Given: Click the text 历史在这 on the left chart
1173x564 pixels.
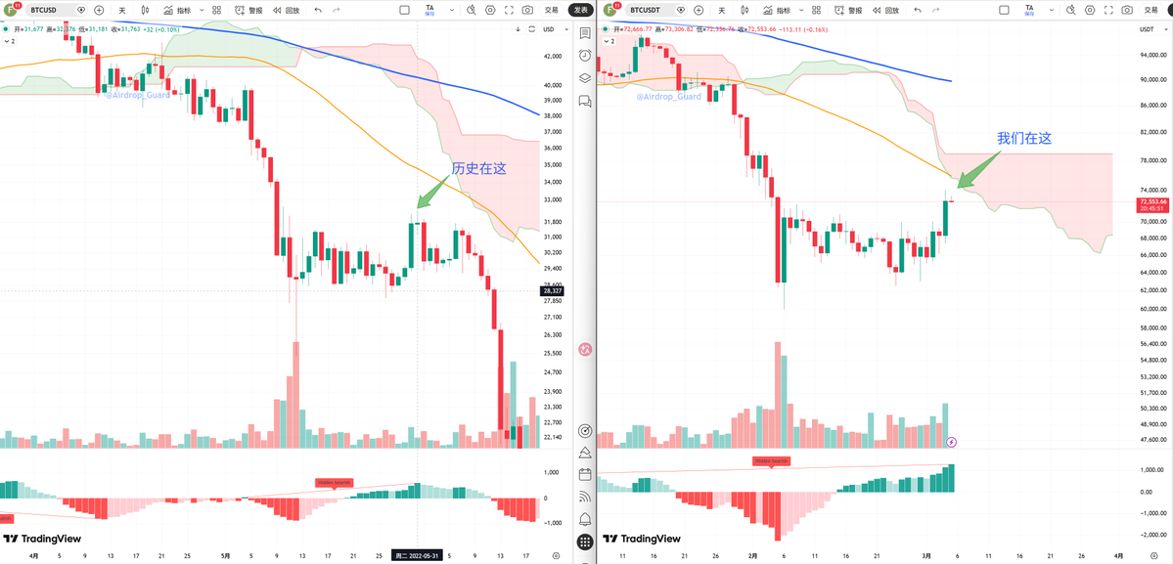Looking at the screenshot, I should point(479,168).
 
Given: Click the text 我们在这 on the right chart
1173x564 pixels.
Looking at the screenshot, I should point(1023,139).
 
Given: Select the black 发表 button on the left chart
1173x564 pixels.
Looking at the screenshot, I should point(581,10).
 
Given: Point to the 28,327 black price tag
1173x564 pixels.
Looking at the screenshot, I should point(553,290).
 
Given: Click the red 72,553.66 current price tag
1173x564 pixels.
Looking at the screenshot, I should point(1150,201).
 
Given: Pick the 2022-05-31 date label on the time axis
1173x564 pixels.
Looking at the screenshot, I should point(419,555).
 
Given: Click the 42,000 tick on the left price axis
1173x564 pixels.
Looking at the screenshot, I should point(553,57).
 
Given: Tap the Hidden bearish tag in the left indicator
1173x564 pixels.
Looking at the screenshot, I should point(333,482).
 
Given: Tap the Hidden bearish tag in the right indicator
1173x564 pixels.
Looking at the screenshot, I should point(771,460).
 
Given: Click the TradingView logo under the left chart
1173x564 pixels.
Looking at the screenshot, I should point(42,539).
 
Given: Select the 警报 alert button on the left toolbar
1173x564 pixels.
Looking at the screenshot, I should point(248,10).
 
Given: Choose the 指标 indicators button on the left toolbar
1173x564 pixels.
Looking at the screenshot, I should point(177,10).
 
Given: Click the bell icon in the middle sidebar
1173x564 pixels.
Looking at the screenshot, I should point(585,519).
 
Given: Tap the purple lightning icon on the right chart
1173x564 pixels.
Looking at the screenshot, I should point(952,442).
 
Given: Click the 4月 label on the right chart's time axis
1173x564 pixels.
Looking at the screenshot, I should point(1117,555).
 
